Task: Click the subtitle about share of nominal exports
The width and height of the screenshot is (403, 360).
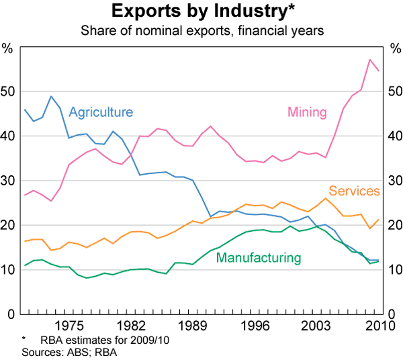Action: [201, 30]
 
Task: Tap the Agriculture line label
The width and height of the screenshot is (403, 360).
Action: [101, 112]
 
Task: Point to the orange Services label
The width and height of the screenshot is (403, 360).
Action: [355, 191]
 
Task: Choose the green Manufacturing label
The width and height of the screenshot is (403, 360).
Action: [259, 257]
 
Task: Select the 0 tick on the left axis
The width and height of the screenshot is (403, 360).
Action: [10, 314]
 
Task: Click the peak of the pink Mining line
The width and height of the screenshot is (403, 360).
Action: [370, 60]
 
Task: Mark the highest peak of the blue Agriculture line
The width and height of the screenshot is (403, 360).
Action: [51, 96]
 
